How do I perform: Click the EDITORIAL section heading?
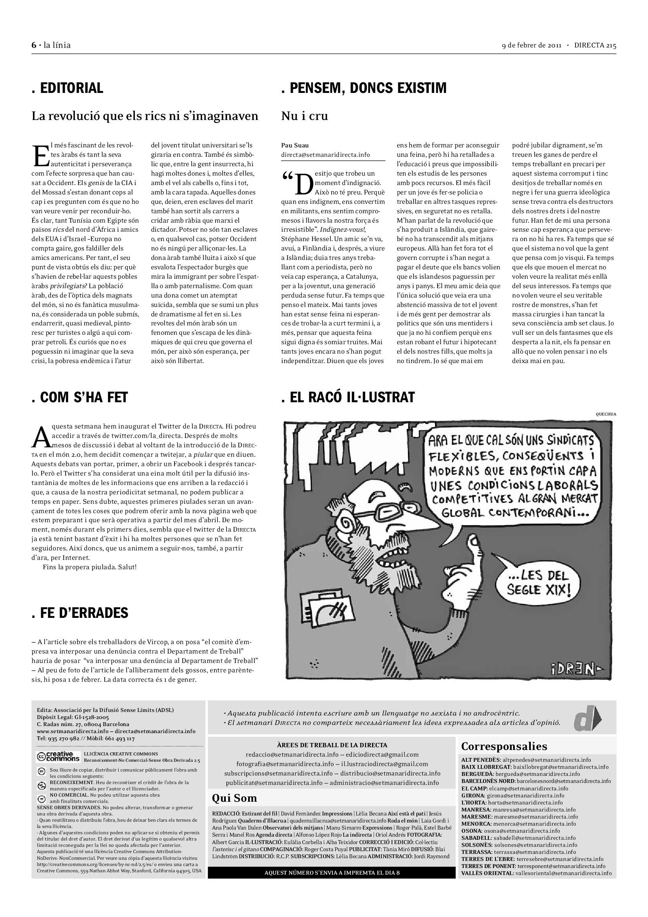67,88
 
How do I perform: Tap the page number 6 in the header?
34,45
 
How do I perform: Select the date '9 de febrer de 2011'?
532,45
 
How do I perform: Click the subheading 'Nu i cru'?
304,116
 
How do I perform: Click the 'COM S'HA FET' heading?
80,397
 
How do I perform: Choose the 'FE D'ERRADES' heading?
80,613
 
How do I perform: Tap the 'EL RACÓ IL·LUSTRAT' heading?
348,397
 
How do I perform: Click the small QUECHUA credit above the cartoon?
605,414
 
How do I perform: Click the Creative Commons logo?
58,756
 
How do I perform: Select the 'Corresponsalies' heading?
504,746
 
